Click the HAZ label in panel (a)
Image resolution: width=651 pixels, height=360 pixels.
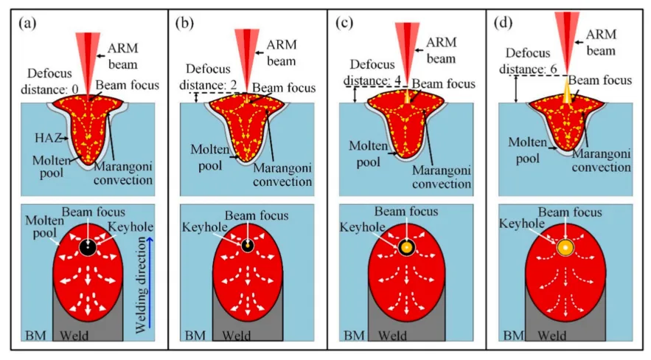coord(43,138)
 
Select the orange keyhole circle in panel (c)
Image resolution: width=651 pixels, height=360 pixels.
coord(405,246)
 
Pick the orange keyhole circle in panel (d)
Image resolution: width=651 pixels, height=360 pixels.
coord(565,246)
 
